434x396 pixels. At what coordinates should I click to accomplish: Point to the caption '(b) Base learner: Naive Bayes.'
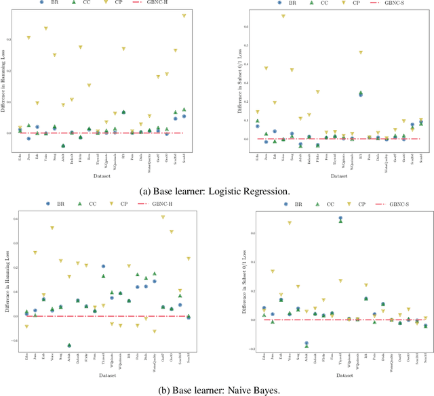tap(216, 389)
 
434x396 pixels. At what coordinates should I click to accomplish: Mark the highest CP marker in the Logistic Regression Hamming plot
tap(184, 16)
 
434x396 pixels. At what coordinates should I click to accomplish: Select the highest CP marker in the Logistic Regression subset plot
tap(265, 16)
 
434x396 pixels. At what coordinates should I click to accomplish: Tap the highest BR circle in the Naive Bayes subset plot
tap(340, 219)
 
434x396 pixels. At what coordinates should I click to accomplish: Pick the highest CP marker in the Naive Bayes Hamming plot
tap(163, 217)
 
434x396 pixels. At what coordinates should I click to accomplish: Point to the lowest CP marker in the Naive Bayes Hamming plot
tap(155, 332)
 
